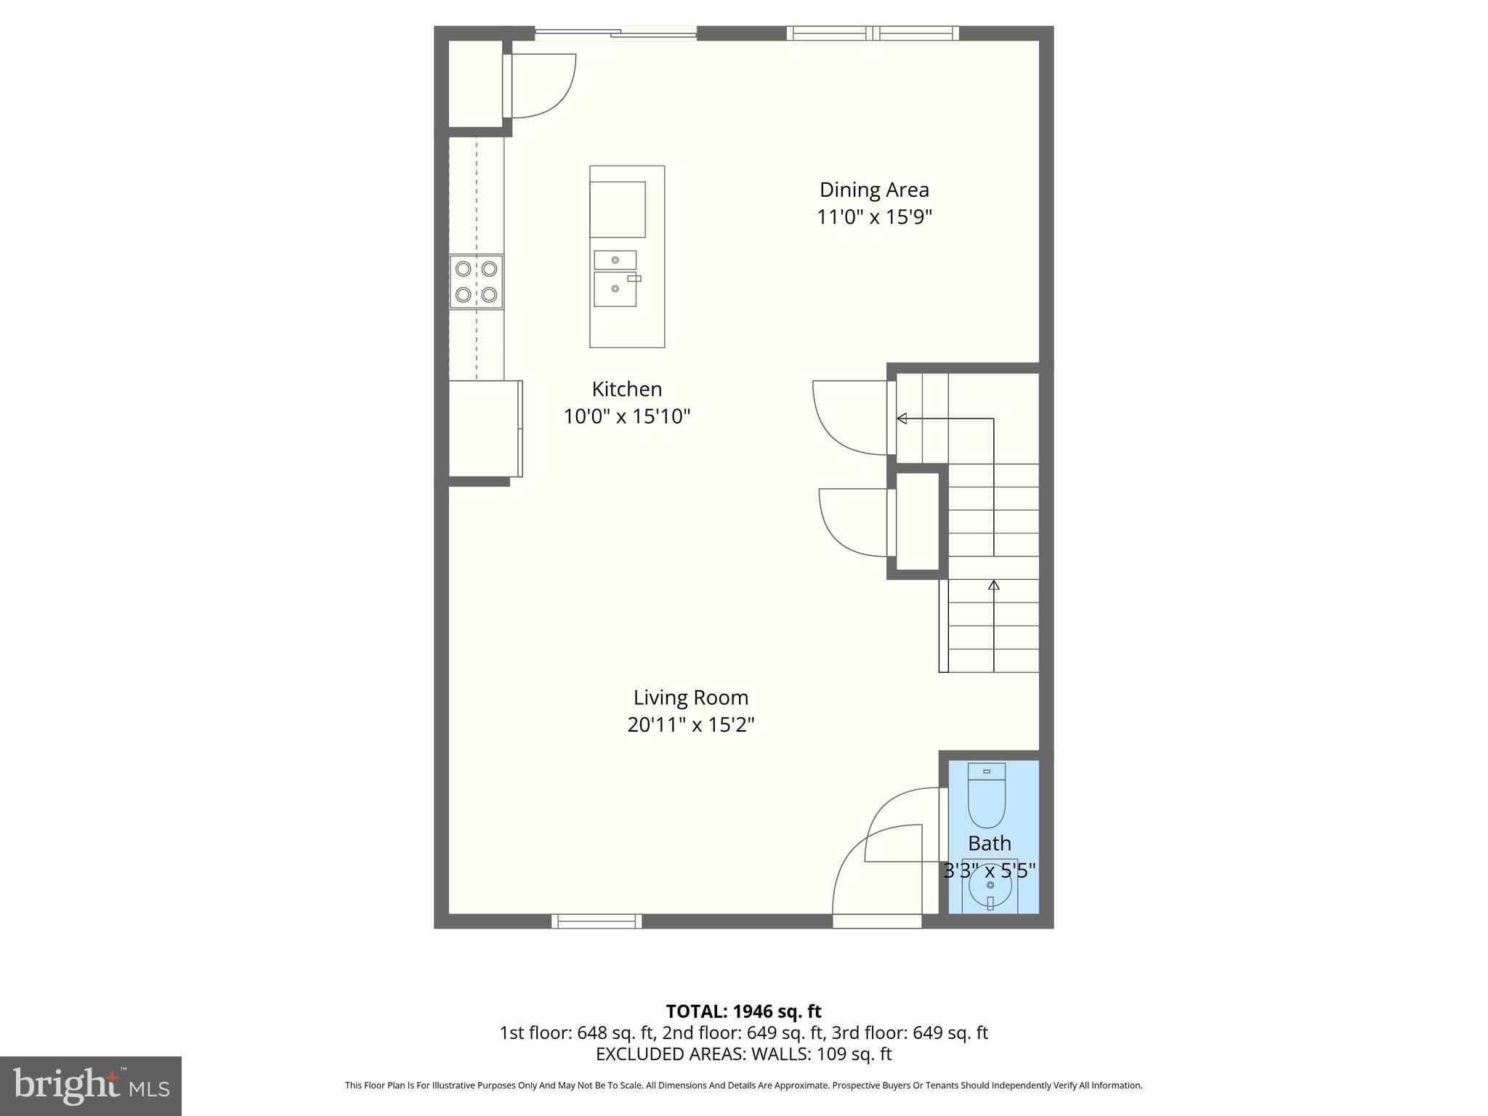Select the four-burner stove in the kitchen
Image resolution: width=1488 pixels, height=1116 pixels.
click(x=476, y=282)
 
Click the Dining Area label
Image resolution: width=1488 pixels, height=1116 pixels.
click(x=874, y=190)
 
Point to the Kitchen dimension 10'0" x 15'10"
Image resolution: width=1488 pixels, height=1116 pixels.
click(x=626, y=416)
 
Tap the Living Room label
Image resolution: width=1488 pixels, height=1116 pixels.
click(x=690, y=697)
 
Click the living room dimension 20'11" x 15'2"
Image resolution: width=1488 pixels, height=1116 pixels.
click(x=690, y=725)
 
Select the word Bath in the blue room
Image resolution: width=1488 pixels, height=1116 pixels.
click(x=989, y=844)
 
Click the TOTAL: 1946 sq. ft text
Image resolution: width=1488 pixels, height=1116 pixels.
click(x=743, y=1011)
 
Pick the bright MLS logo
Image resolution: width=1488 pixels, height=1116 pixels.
click(x=91, y=1085)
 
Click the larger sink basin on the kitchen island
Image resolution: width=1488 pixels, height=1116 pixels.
click(x=615, y=289)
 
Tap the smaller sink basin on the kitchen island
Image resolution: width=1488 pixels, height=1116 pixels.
click(x=615, y=259)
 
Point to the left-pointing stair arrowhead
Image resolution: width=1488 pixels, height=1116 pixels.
click(x=902, y=418)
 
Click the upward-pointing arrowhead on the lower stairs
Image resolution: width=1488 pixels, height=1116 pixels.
click(x=993, y=584)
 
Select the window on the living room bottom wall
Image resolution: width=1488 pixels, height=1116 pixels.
click(x=597, y=921)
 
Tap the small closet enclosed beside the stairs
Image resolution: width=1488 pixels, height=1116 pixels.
click(x=918, y=521)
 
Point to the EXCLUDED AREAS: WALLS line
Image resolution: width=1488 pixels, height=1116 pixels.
click(x=743, y=1054)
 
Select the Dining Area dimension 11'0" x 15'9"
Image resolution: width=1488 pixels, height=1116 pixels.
click(x=874, y=217)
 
